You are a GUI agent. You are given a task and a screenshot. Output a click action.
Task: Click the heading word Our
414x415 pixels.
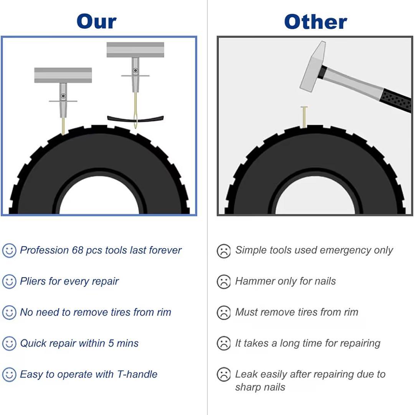[96, 22]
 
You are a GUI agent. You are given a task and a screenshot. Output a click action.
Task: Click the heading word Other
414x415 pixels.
[315, 22]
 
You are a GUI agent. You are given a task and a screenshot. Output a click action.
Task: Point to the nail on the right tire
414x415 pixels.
[304, 117]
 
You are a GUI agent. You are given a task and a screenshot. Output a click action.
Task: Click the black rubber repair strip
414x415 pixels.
[135, 119]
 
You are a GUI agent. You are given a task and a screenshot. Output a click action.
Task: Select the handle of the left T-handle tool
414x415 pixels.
[63, 75]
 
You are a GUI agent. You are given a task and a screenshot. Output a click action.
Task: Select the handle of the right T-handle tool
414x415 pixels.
[135, 50]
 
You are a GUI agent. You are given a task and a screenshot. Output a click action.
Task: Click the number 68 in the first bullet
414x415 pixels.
[78, 250]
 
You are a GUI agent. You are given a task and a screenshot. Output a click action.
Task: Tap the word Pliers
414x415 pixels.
[33, 281]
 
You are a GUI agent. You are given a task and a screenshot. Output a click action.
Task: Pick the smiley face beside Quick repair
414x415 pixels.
[9, 344]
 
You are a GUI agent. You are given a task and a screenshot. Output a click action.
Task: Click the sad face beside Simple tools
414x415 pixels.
[224, 251]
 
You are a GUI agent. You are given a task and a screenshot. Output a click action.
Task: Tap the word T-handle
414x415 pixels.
[137, 374]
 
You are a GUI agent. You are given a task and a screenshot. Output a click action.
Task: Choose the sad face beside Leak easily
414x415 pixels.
[224, 375]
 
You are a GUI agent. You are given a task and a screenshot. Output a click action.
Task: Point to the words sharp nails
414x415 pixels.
[260, 387]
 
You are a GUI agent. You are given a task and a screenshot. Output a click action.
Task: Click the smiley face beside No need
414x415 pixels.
[9, 312]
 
